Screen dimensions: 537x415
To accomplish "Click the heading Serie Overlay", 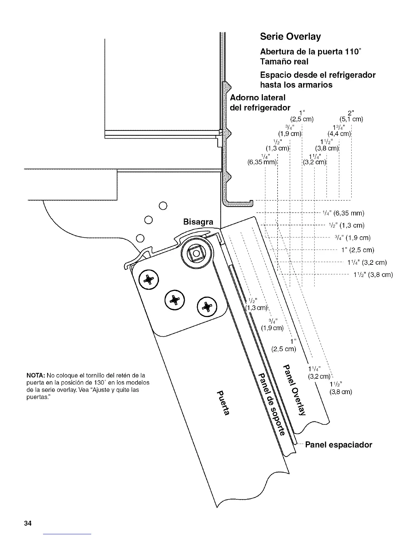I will coord(290,36).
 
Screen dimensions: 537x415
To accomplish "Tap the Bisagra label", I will coord(198,222).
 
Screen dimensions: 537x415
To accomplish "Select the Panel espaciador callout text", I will coord(338,444).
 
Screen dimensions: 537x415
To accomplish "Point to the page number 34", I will coord(27,523).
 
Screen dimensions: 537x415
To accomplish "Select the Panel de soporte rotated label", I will coord(271,404).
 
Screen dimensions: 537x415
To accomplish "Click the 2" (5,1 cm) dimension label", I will coord(351,116).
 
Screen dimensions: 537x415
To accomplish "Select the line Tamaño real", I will coord(284,62).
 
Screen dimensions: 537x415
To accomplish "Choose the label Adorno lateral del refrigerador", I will coord(260,102).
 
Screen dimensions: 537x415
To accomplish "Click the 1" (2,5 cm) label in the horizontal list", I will coord(358,250).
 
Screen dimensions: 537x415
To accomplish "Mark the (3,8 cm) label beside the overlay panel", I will coord(341,392).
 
